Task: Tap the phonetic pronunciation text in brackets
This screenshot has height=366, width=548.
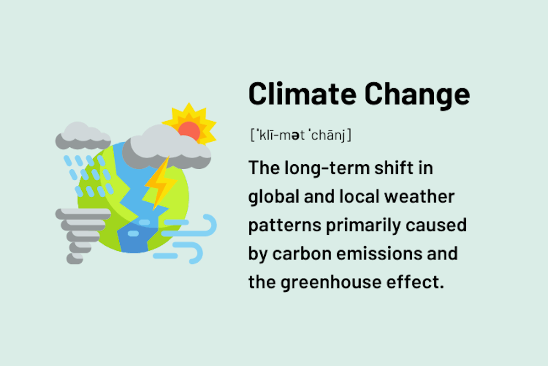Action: pos(300,135)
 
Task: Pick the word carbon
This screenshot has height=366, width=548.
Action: pos(304,254)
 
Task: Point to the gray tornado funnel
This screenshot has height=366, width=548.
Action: pos(80,233)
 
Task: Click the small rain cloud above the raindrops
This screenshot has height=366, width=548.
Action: pos(82,136)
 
